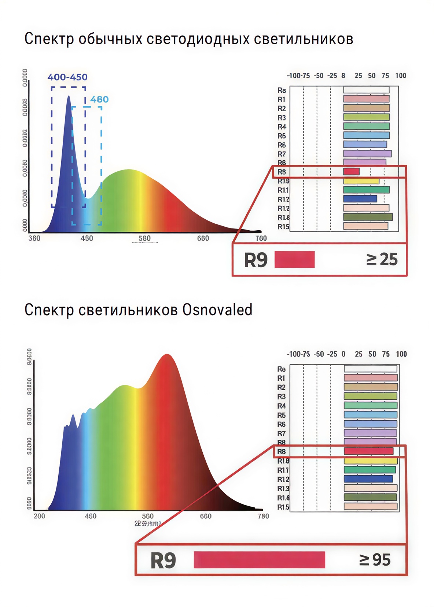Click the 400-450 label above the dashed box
click(x=67, y=77)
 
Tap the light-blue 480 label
click(x=99, y=100)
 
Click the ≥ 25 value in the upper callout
click(x=382, y=260)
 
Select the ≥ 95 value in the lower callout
click(x=375, y=560)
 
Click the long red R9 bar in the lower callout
click(x=259, y=560)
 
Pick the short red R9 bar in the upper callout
click(x=294, y=260)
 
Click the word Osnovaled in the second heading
click(x=217, y=310)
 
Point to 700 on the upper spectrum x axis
click(x=261, y=238)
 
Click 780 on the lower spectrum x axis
click(x=263, y=516)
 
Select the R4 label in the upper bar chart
click(x=282, y=127)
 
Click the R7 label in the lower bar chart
click(x=281, y=433)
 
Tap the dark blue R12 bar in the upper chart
click(x=360, y=199)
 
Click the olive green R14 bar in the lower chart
click(x=370, y=497)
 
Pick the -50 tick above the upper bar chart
click(x=319, y=76)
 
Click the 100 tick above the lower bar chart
click(x=401, y=354)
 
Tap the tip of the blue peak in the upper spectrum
click(x=69, y=97)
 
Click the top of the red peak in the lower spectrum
click(x=167, y=355)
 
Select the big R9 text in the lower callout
click(x=163, y=561)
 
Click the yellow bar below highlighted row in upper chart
click(x=361, y=181)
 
